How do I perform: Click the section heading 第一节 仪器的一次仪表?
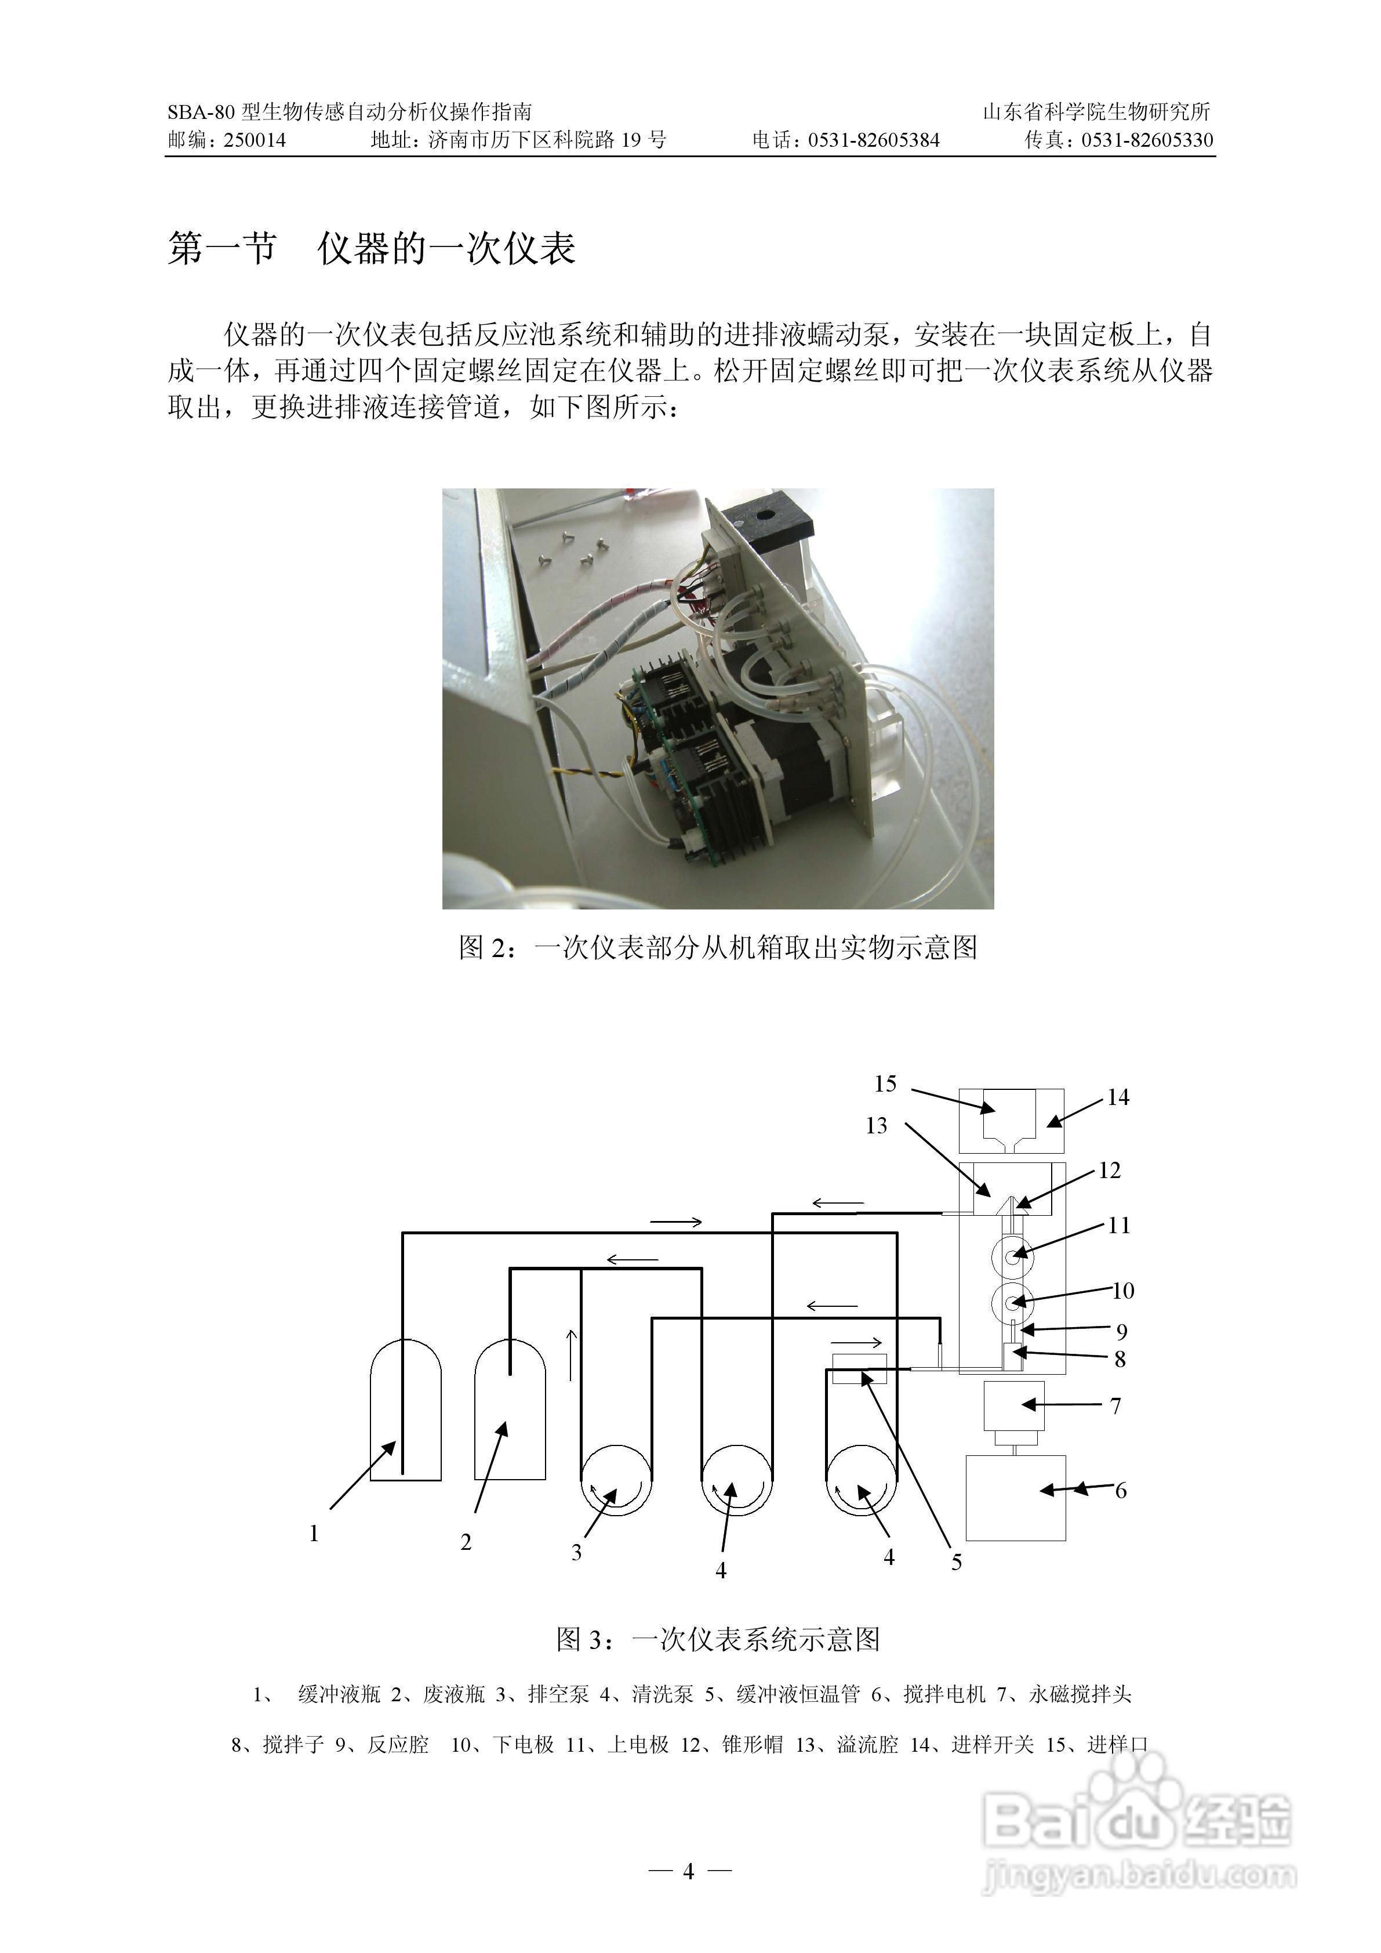372,248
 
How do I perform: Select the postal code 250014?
255,140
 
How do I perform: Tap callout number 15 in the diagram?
885,1084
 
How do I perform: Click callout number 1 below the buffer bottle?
314,1534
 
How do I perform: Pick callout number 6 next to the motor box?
1121,1490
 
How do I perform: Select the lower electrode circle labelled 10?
1012,1302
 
